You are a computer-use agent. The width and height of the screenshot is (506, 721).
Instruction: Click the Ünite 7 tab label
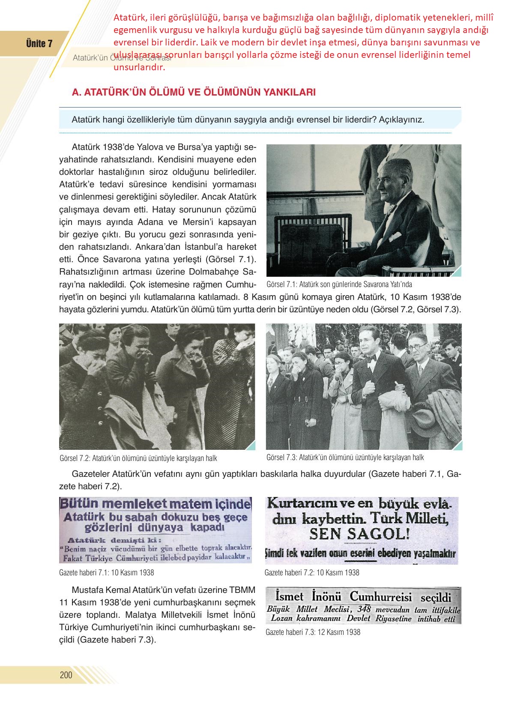coord(39,44)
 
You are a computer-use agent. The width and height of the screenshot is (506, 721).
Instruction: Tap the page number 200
coord(66,675)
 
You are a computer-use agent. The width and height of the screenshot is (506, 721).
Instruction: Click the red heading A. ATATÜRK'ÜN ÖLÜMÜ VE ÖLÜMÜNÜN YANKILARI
coord(194,92)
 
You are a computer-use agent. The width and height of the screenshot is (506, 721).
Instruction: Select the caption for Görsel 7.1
coord(339,284)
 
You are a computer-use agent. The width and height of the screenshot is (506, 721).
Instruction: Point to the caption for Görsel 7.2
coord(138,458)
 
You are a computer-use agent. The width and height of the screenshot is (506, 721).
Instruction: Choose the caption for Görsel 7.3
coord(345,457)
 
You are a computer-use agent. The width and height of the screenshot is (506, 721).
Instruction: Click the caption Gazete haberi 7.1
coord(107,572)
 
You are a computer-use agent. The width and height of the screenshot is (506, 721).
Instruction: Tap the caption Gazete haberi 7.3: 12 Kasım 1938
coord(313,632)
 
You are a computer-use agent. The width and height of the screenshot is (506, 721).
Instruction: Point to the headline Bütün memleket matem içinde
coord(155,503)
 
